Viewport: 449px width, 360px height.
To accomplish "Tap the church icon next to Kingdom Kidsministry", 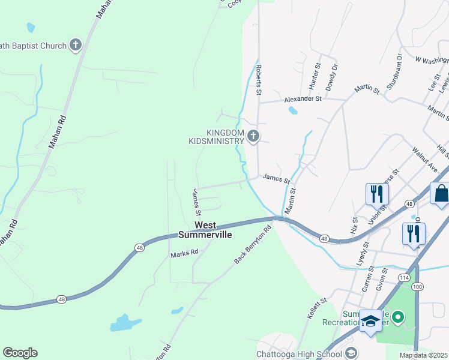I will point(253,136).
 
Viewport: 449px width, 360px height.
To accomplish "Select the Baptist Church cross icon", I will point(76,45).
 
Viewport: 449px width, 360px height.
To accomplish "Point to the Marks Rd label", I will point(184,253).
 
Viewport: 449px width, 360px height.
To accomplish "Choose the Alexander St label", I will point(303,98).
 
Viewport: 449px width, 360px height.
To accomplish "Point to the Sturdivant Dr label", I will point(394,71).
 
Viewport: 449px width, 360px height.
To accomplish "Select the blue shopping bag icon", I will point(441,194).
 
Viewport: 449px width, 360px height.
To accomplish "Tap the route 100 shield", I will point(418,287).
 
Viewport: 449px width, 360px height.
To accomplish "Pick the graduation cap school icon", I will point(370,320).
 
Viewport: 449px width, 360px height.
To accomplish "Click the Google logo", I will point(20,353).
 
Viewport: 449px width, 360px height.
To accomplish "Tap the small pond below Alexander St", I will point(292,110).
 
